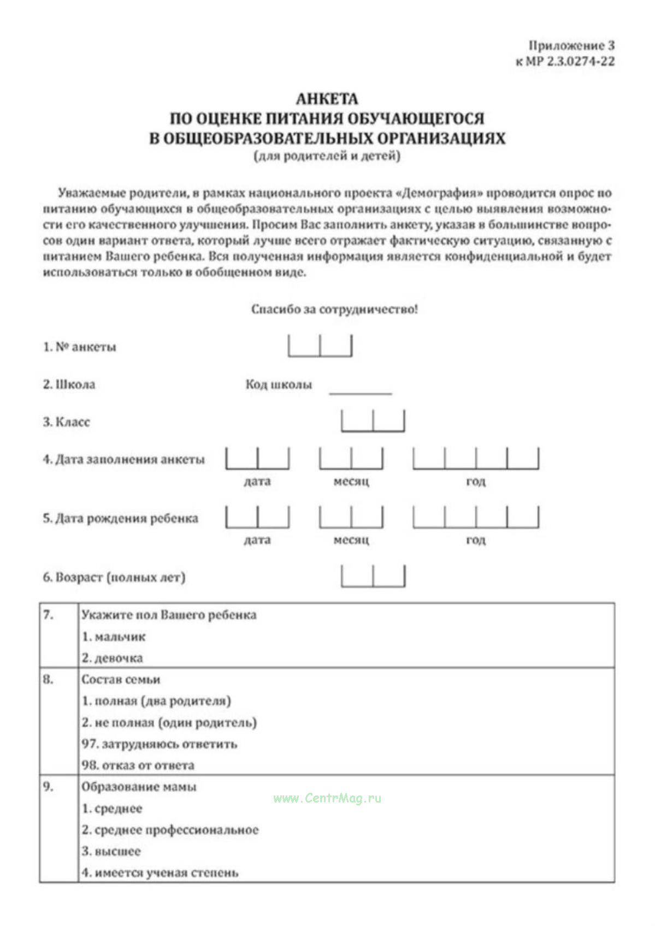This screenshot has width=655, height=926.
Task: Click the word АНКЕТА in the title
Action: (x=327, y=99)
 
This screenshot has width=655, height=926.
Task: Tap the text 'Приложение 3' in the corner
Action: (x=571, y=46)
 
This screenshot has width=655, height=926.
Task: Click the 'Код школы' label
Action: (x=279, y=384)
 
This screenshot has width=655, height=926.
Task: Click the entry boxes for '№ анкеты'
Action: (x=320, y=346)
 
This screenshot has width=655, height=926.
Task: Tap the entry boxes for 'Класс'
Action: (x=373, y=421)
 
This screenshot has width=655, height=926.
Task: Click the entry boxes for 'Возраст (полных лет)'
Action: (x=373, y=576)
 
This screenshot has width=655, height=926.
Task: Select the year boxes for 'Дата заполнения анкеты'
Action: (x=475, y=459)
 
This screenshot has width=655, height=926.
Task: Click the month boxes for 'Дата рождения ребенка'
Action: (x=351, y=517)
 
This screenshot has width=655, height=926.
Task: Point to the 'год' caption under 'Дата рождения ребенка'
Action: (x=475, y=540)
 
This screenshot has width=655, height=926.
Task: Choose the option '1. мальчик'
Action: (x=114, y=637)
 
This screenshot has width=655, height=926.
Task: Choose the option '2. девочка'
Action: (x=112, y=658)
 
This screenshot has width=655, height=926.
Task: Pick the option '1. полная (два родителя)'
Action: (x=156, y=701)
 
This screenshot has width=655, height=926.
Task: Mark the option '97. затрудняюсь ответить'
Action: (x=159, y=744)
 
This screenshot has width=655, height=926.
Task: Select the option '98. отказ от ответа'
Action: (x=138, y=765)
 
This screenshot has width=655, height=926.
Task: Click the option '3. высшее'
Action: (x=111, y=851)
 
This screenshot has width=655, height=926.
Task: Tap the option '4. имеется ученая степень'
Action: (x=160, y=872)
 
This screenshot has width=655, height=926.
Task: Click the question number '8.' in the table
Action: (x=48, y=679)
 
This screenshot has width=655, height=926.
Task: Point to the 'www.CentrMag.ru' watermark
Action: (x=327, y=798)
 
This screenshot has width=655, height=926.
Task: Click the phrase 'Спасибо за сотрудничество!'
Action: (x=334, y=310)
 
